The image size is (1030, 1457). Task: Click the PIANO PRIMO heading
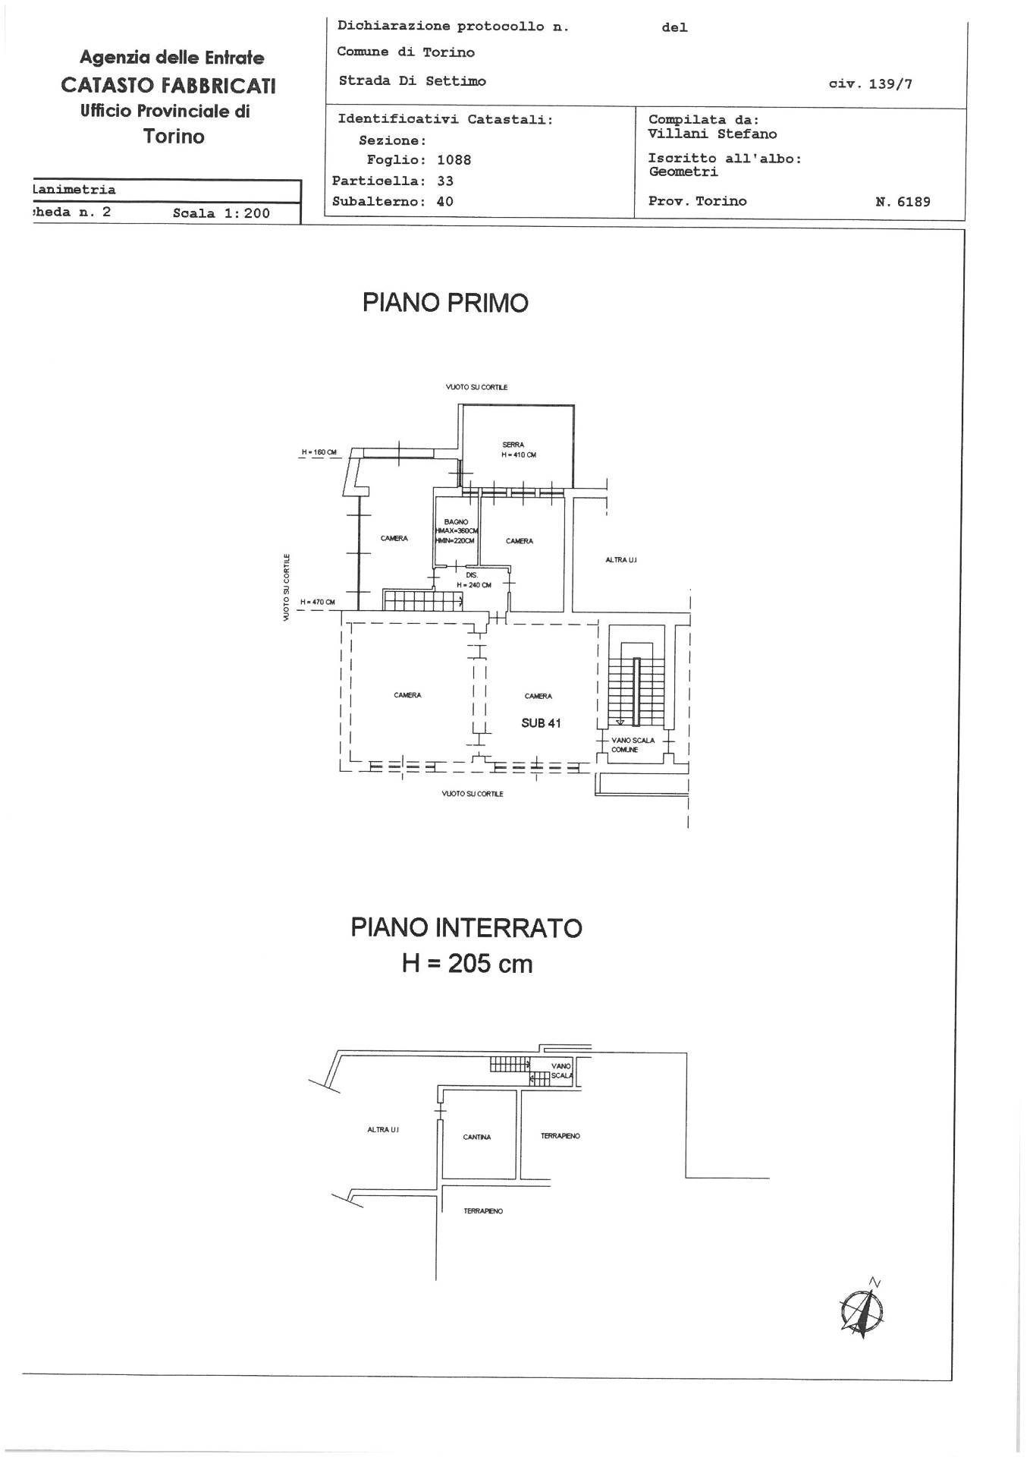[445, 303]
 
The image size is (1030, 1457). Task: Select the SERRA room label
[513, 445]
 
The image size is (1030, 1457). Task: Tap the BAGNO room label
[456, 522]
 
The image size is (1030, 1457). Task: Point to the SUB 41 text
[541, 723]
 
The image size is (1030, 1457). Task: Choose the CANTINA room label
[477, 1137]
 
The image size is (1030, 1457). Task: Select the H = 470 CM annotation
[317, 603]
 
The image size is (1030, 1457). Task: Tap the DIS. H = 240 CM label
[473, 581]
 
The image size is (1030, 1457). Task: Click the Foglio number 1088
[454, 160]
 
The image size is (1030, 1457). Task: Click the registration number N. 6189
[902, 202]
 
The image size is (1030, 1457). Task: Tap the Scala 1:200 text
[221, 213]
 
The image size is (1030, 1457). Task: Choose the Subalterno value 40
[444, 201]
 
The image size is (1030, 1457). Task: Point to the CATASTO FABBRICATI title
[168, 85]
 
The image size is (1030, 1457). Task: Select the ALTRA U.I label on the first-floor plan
[620, 559]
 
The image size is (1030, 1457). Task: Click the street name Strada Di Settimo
[412, 81]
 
